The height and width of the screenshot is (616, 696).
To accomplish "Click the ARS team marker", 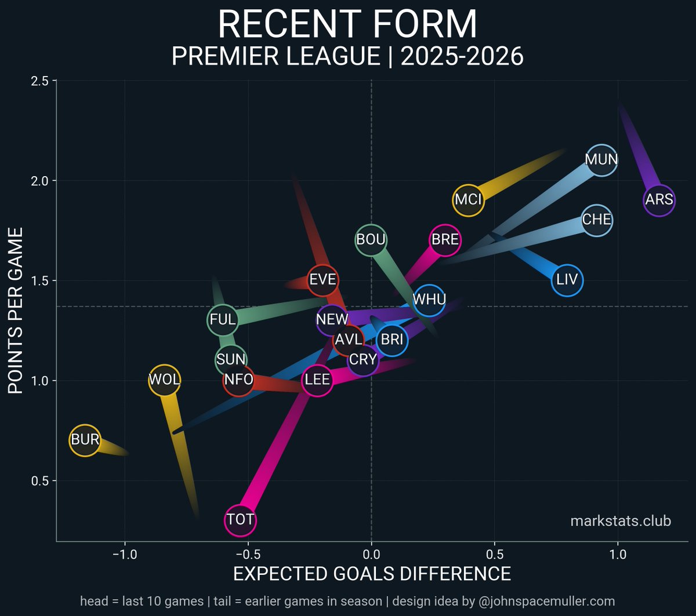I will click(659, 200).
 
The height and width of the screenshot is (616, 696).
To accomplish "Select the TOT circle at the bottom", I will click(240, 520).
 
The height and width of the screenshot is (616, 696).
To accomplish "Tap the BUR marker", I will click(85, 440).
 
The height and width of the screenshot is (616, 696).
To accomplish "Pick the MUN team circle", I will click(601, 159).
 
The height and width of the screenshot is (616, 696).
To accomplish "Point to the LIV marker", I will click(567, 280).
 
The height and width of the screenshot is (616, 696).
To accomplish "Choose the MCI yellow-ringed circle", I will click(469, 200).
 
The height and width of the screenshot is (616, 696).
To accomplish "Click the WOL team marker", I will click(165, 380).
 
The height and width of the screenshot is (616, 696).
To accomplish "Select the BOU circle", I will click(371, 239).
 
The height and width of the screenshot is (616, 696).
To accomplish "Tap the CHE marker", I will click(596, 220).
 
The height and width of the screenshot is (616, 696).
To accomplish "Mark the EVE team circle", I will click(322, 280).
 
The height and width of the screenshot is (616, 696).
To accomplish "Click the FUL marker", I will click(223, 319).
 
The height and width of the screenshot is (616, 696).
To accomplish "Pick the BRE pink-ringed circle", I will click(445, 239).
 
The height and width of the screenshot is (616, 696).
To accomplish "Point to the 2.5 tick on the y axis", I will click(39, 81).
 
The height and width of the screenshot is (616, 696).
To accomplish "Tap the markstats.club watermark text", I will click(621, 521).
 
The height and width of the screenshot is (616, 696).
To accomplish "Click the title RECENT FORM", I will click(347, 25).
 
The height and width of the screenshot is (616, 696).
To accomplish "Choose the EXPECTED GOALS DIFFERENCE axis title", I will click(371, 574).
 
